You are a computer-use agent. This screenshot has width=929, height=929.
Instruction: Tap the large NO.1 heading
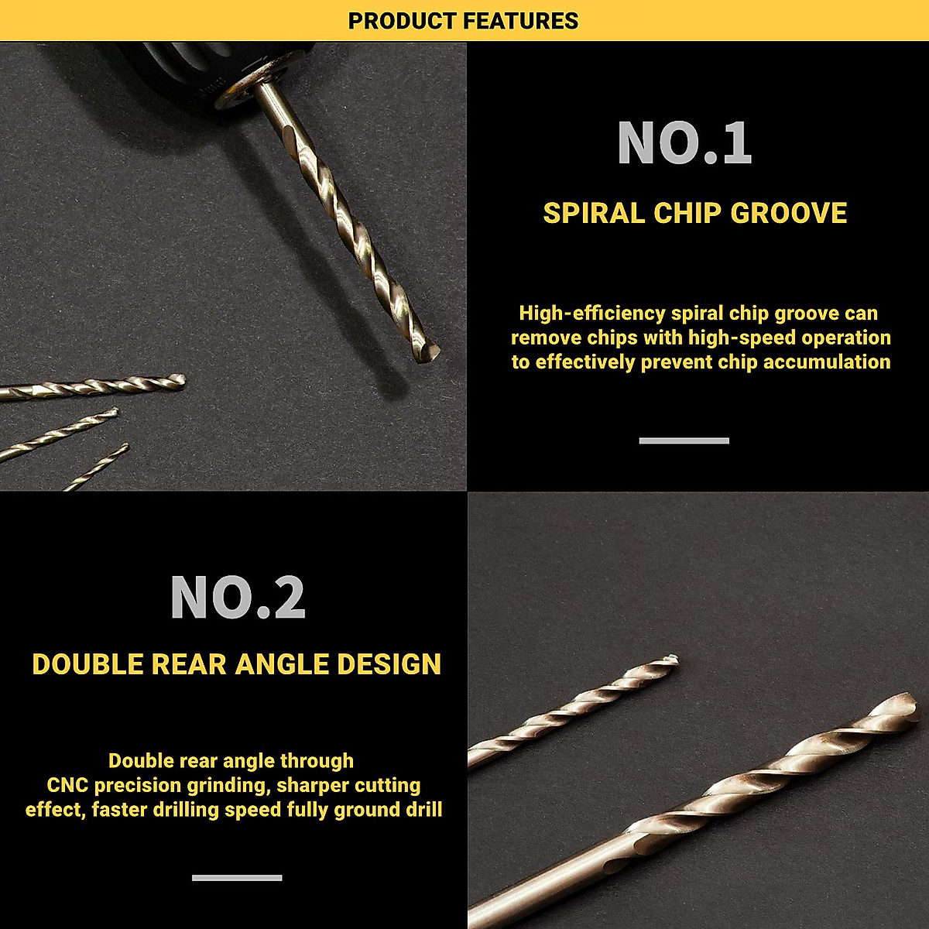684,143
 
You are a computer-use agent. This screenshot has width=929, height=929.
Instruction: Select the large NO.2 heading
238,598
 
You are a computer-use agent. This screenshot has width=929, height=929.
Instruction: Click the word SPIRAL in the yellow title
594,214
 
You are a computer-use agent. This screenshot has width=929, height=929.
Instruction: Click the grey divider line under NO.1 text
684,441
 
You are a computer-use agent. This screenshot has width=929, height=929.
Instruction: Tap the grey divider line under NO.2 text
237,877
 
